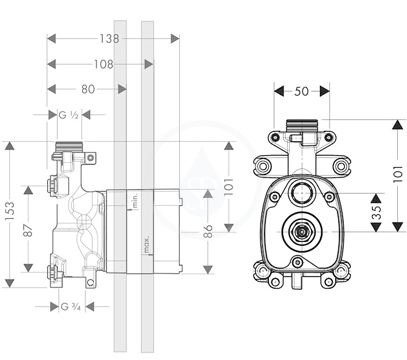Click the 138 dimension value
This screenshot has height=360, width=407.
109,39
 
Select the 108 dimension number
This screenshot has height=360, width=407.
104,64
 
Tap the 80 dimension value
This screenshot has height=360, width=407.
88,89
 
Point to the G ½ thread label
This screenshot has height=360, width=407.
69,115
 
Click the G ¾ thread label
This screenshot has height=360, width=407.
71,307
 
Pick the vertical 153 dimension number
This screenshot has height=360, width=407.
10,211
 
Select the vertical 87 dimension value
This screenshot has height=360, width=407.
28,230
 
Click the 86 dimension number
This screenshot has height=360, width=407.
208,231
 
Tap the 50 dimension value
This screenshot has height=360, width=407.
301,92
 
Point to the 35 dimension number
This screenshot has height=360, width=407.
376,213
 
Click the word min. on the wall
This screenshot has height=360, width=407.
135,200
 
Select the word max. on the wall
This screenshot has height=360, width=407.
146,244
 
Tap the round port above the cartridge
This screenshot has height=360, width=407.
301,192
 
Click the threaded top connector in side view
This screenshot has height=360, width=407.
69,147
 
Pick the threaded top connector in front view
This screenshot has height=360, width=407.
302,125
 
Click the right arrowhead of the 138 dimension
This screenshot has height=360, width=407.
175,39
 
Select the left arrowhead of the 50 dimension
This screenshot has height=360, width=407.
279,92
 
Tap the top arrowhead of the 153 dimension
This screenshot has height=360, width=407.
10,146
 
